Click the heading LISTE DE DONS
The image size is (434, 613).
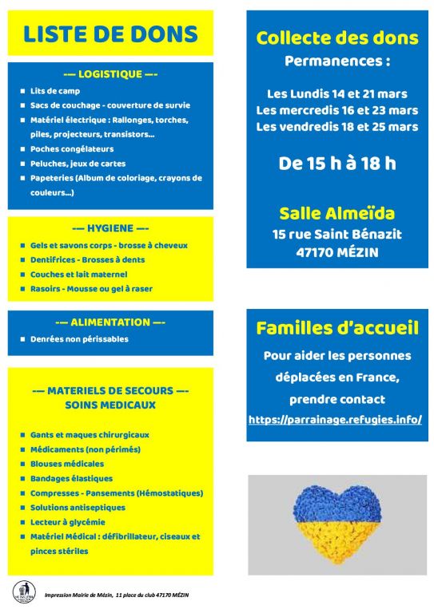(110, 34)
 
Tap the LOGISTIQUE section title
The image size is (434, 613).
(110, 74)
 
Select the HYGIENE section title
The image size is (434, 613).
(110, 228)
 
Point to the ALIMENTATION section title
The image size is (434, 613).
(110, 322)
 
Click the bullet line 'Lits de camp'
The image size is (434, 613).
(55, 92)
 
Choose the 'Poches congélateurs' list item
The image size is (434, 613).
(72, 148)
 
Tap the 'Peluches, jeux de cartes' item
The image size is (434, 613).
(78, 164)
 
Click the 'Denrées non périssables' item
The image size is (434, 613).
(79, 339)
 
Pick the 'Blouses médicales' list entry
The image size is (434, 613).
(67, 463)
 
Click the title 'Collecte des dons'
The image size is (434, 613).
(336, 38)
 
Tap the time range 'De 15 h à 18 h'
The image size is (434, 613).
(336, 164)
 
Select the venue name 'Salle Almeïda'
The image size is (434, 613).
(336, 214)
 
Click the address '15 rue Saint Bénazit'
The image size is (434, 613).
(336, 234)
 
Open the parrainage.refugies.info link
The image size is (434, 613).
(335, 419)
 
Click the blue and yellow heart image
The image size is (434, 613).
(337, 520)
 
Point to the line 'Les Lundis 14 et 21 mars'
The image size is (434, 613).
(336, 93)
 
